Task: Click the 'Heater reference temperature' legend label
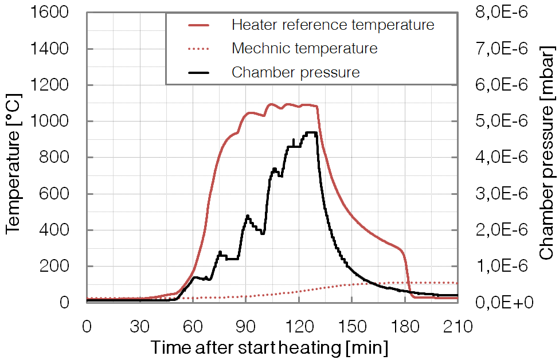click(x=333, y=25)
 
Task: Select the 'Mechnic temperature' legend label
click(x=304, y=48)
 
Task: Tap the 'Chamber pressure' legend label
click(x=295, y=72)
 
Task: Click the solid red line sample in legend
click(x=199, y=25)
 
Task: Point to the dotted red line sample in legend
click(x=199, y=49)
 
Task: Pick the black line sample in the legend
click(x=199, y=73)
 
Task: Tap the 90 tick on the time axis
click(x=245, y=327)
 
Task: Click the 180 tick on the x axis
click(x=404, y=327)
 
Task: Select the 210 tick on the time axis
click(x=457, y=327)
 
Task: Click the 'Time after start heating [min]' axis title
click(x=269, y=347)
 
